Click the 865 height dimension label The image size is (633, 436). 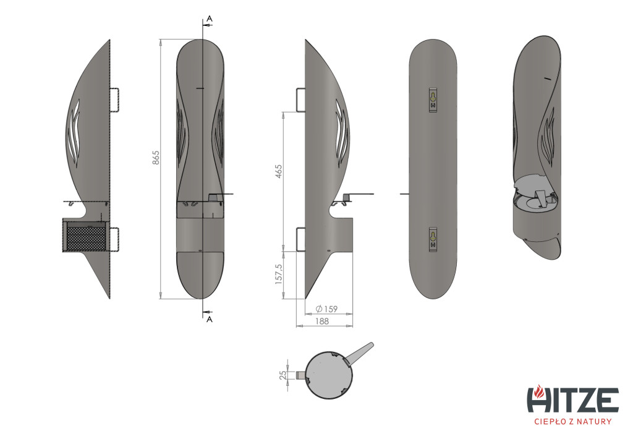pyautogui.click(x=156, y=158)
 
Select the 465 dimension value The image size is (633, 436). pyautogui.click(x=278, y=171)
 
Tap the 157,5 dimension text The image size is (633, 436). pyautogui.click(x=279, y=275)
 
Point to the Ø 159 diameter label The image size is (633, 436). pyautogui.click(x=326, y=309)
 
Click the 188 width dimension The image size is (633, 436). pyautogui.click(x=321, y=322)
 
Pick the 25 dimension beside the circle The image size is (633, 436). pyautogui.click(x=283, y=375)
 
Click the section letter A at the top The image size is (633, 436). pyautogui.click(x=209, y=19)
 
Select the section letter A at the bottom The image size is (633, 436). pyautogui.click(x=209, y=319)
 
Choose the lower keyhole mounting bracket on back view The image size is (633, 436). pyautogui.click(x=433, y=239)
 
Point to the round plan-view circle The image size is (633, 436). pyautogui.click(x=329, y=375)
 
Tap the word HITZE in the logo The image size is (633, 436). pyautogui.click(x=573, y=400)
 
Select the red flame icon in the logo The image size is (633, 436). pyautogui.click(x=538, y=391)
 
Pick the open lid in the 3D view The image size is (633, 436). pyautogui.click(x=532, y=185)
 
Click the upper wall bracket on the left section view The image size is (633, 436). pyautogui.click(x=114, y=100)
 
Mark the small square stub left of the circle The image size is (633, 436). pyautogui.click(x=301, y=375)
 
